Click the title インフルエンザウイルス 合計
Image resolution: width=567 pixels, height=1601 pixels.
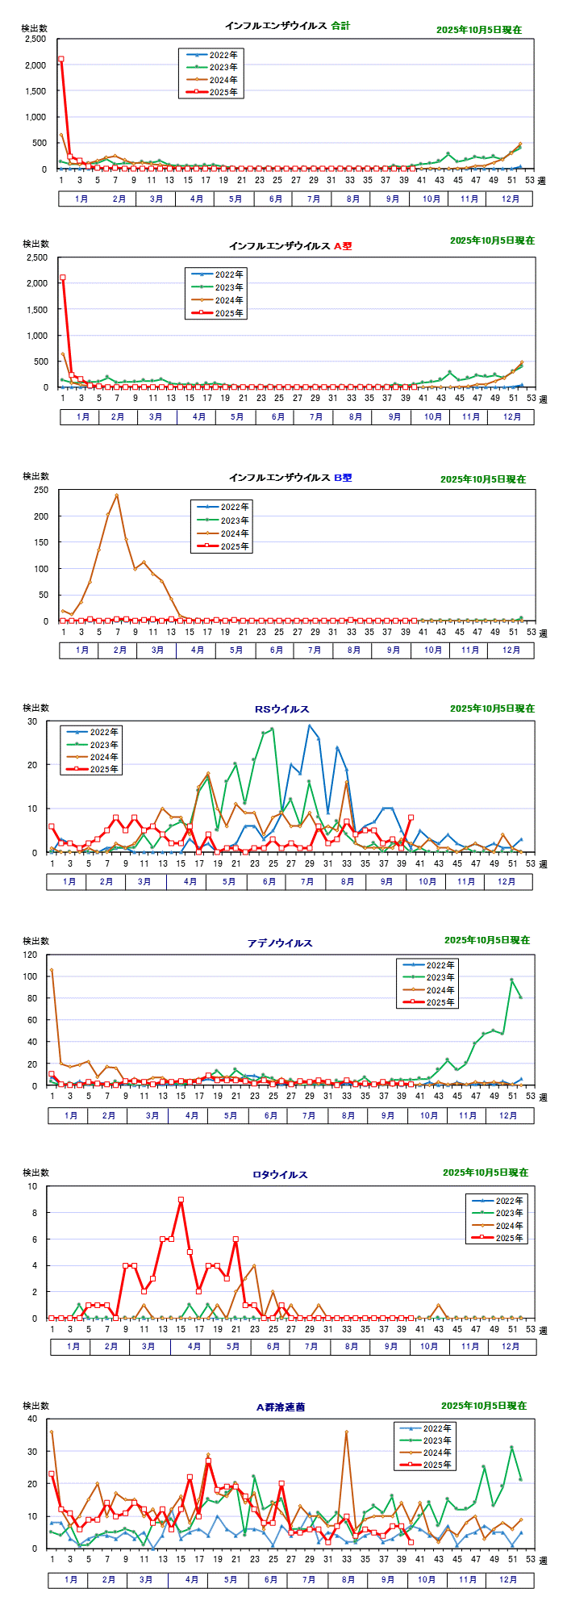[288, 26]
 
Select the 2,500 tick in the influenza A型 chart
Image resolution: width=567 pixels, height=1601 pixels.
[36, 257]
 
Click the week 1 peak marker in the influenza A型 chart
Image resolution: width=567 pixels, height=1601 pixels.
[63, 278]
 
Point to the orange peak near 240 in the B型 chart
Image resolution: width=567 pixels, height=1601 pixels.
[117, 495]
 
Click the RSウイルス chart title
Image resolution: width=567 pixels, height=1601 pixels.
[282, 709]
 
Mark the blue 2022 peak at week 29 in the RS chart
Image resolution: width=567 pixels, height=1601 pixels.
[309, 725]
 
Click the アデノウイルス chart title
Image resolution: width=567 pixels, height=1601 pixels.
[280, 943]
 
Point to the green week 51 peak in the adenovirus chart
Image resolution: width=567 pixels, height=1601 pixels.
[511, 980]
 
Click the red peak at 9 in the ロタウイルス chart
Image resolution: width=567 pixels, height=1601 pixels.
[181, 1200]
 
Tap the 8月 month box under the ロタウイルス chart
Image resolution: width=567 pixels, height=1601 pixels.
[351, 1346]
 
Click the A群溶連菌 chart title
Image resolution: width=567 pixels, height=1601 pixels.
[281, 1407]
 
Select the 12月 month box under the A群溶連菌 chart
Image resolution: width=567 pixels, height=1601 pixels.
[508, 1579]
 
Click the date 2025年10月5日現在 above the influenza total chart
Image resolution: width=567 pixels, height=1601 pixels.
[478, 30]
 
